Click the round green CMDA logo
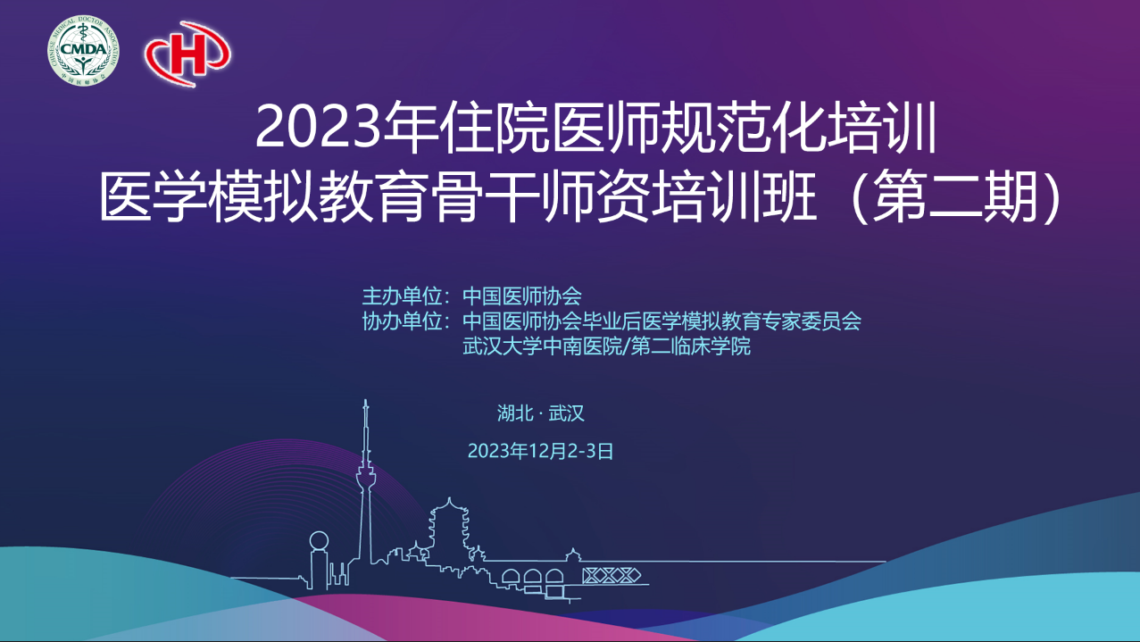click(x=83, y=50)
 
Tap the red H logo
click(x=187, y=54)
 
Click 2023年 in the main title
click(x=347, y=128)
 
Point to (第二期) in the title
click(x=957, y=197)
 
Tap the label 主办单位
click(x=402, y=296)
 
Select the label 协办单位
click(x=402, y=321)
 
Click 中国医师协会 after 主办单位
click(x=522, y=296)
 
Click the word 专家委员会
click(x=811, y=321)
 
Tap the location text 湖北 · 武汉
click(x=540, y=413)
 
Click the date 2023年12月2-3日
click(x=540, y=451)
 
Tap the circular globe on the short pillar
click(x=319, y=540)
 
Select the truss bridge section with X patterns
click(x=612, y=576)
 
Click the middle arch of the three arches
click(x=533, y=578)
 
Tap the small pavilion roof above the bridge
click(x=573, y=554)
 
